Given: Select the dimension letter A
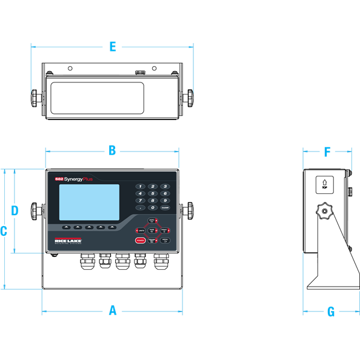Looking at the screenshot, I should pos(112,311).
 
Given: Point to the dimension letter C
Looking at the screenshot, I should pos(4,231).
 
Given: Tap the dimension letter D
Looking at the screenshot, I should pos(15,210).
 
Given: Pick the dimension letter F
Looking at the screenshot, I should pos(327,152).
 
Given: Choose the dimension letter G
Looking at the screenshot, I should pos(331,312).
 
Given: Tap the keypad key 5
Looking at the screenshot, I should pos(153,193).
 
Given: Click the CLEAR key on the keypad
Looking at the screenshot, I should pos(165,207).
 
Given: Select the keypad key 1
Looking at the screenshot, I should pos(141,186).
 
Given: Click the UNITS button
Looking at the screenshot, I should pos(141,230).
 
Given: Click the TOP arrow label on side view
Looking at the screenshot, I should pos(325,183).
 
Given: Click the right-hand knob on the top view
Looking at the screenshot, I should pos(192,96).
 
